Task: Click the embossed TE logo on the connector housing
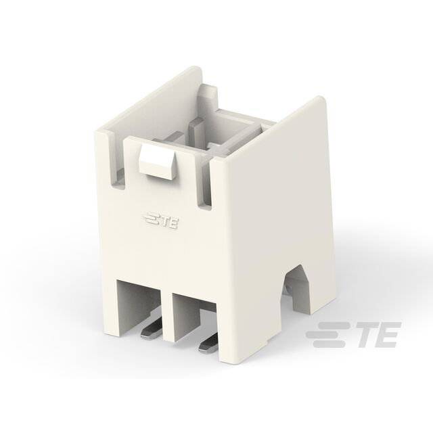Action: (x=161, y=221)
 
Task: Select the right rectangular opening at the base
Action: (x=195, y=317)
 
